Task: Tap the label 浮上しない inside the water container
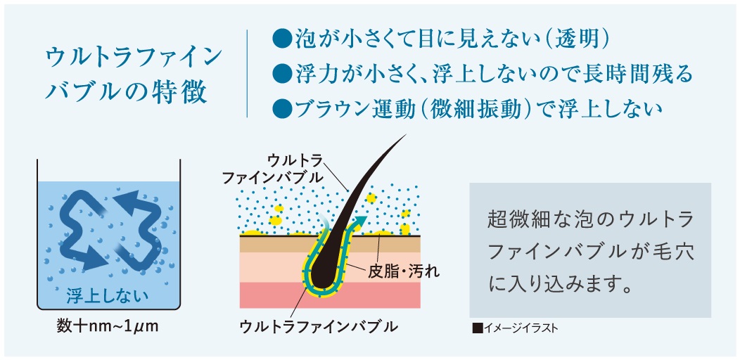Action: click(x=108, y=295)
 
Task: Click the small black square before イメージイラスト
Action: click(x=477, y=328)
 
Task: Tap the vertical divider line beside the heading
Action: click(x=248, y=74)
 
